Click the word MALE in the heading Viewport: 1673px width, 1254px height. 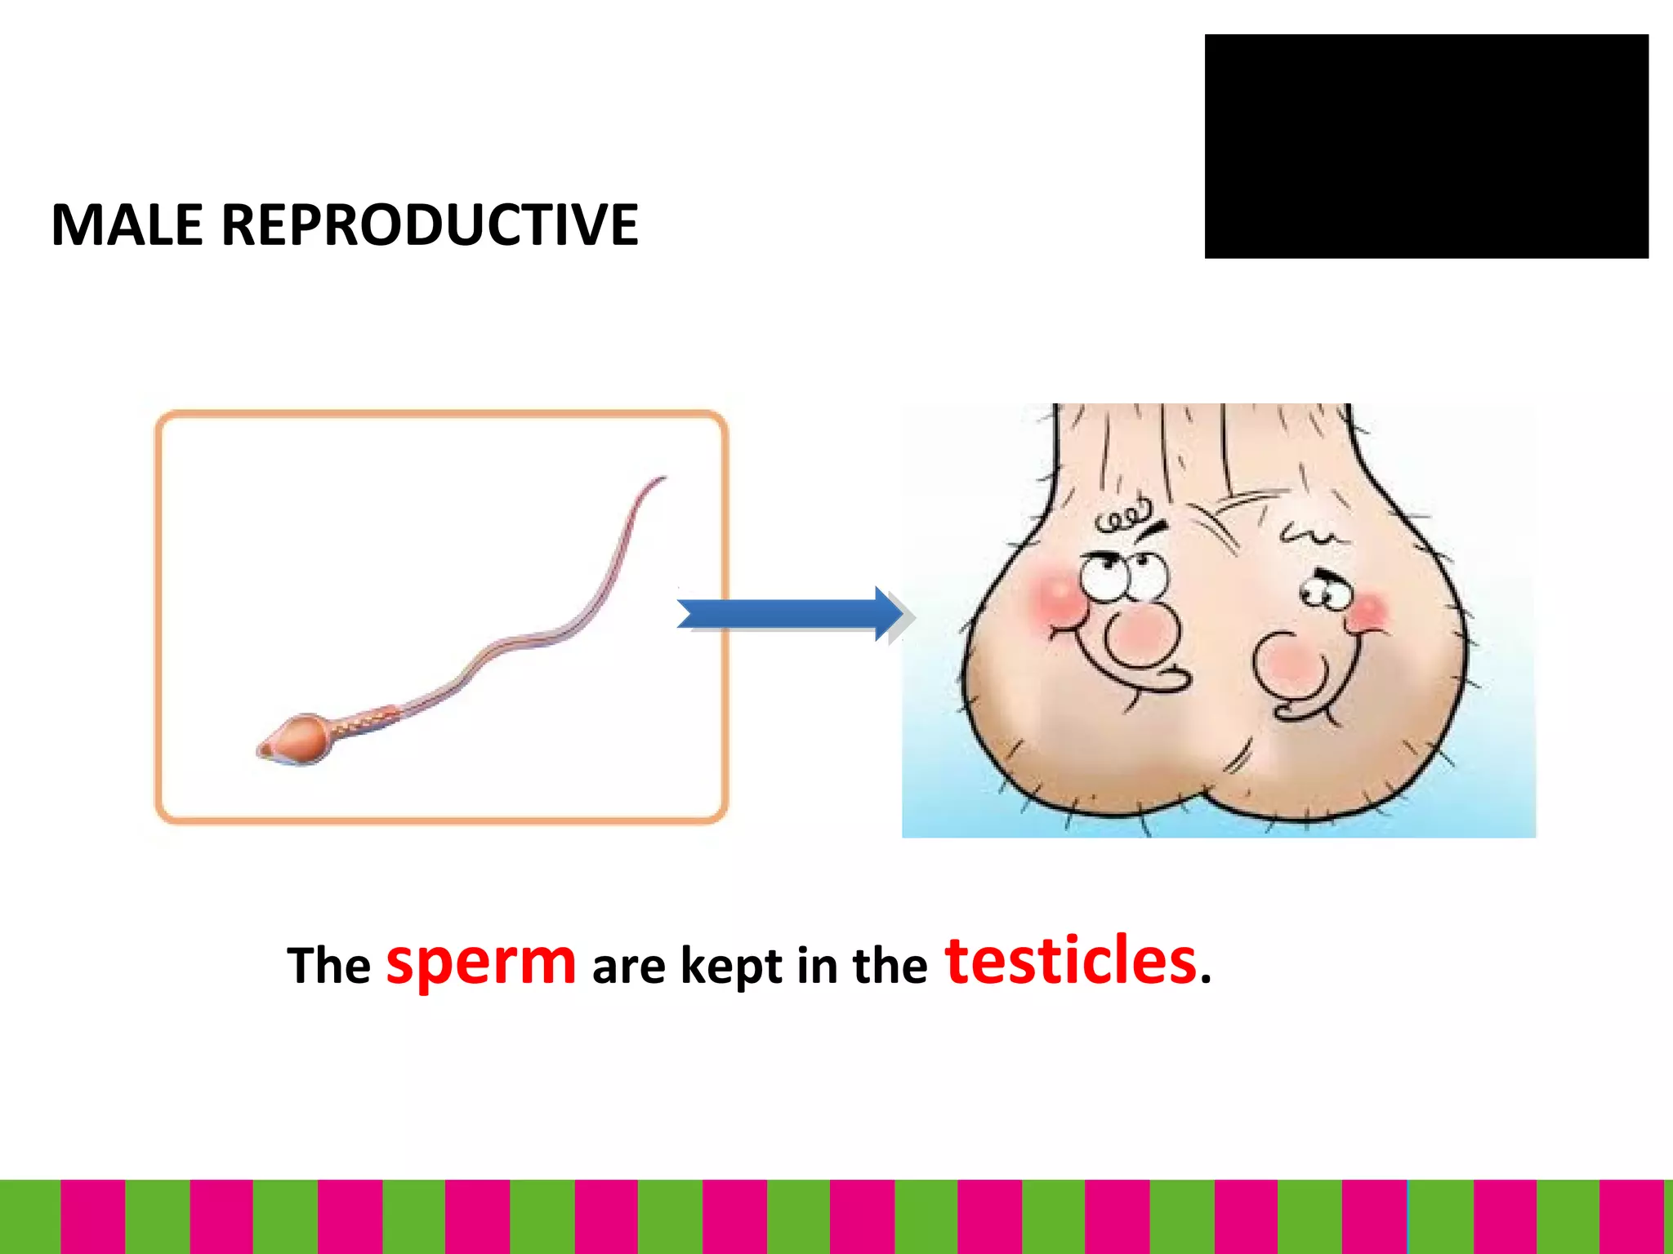127,225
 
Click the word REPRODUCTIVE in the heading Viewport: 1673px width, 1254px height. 430,225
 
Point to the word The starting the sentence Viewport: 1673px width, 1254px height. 328,966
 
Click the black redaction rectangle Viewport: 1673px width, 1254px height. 1425,147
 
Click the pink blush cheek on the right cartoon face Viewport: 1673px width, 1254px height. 1368,611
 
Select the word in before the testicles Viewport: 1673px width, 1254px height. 818,966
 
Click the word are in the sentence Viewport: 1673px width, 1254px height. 628,967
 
